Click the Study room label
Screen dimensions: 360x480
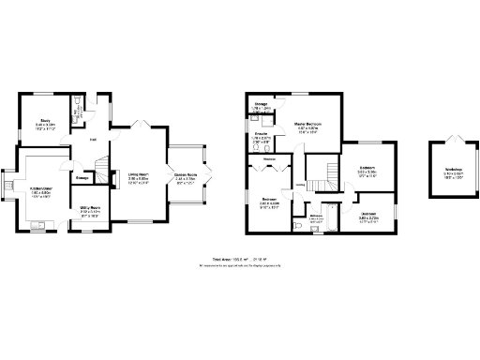[x=45, y=119]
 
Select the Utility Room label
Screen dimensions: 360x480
[x=90, y=207]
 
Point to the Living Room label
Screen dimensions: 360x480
[x=138, y=173]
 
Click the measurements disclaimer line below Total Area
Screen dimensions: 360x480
[x=240, y=266]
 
